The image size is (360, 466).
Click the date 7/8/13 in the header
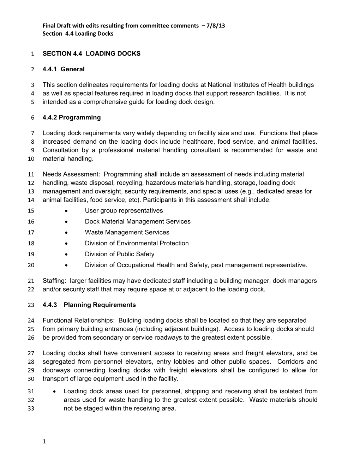(217, 25)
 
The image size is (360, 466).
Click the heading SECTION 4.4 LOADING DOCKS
(91, 54)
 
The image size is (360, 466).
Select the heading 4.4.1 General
(64, 69)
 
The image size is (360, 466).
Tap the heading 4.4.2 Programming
(72, 118)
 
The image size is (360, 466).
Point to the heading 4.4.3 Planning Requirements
(89, 305)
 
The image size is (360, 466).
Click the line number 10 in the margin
(31, 159)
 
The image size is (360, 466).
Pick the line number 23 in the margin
(31, 305)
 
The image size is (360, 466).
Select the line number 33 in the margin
(31, 409)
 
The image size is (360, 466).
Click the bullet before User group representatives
(67, 211)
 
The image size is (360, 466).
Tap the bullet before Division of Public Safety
(67, 254)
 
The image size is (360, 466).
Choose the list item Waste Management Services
(127, 232)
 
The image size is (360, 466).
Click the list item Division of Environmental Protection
(137, 243)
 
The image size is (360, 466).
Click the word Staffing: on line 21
(54, 281)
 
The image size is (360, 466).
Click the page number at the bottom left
(44, 441)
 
